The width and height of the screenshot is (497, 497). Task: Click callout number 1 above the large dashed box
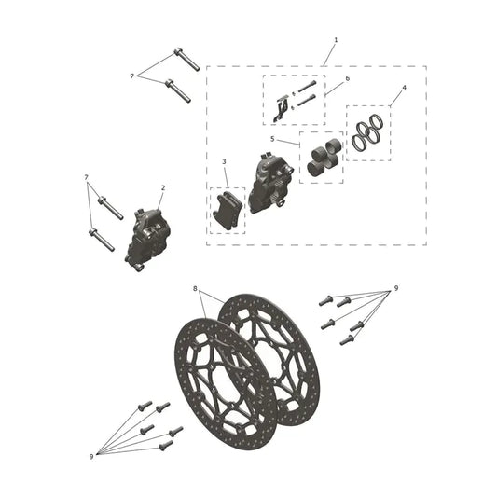point(336,40)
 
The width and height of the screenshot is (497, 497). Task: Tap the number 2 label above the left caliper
point(163,188)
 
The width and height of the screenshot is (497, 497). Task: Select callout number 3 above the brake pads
point(224,161)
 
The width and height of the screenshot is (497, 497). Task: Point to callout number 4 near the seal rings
point(404,88)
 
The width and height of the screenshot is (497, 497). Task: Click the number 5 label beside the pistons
point(272,139)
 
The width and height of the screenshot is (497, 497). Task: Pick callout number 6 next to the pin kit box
point(348,78)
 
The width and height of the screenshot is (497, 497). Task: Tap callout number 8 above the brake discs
point(195,288)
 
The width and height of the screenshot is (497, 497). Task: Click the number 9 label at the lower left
point(91,457)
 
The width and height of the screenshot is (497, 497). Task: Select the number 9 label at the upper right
point(396,288)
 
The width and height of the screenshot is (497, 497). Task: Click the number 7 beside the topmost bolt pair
point(131,76)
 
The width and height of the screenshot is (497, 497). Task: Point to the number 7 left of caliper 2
point(86,177)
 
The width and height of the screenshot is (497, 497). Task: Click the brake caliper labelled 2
point(147,240)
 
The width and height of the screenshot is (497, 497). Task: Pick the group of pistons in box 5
point(324,157)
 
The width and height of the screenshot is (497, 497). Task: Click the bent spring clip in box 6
point(281,108)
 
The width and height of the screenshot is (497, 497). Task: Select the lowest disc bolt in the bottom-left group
point(166,446)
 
